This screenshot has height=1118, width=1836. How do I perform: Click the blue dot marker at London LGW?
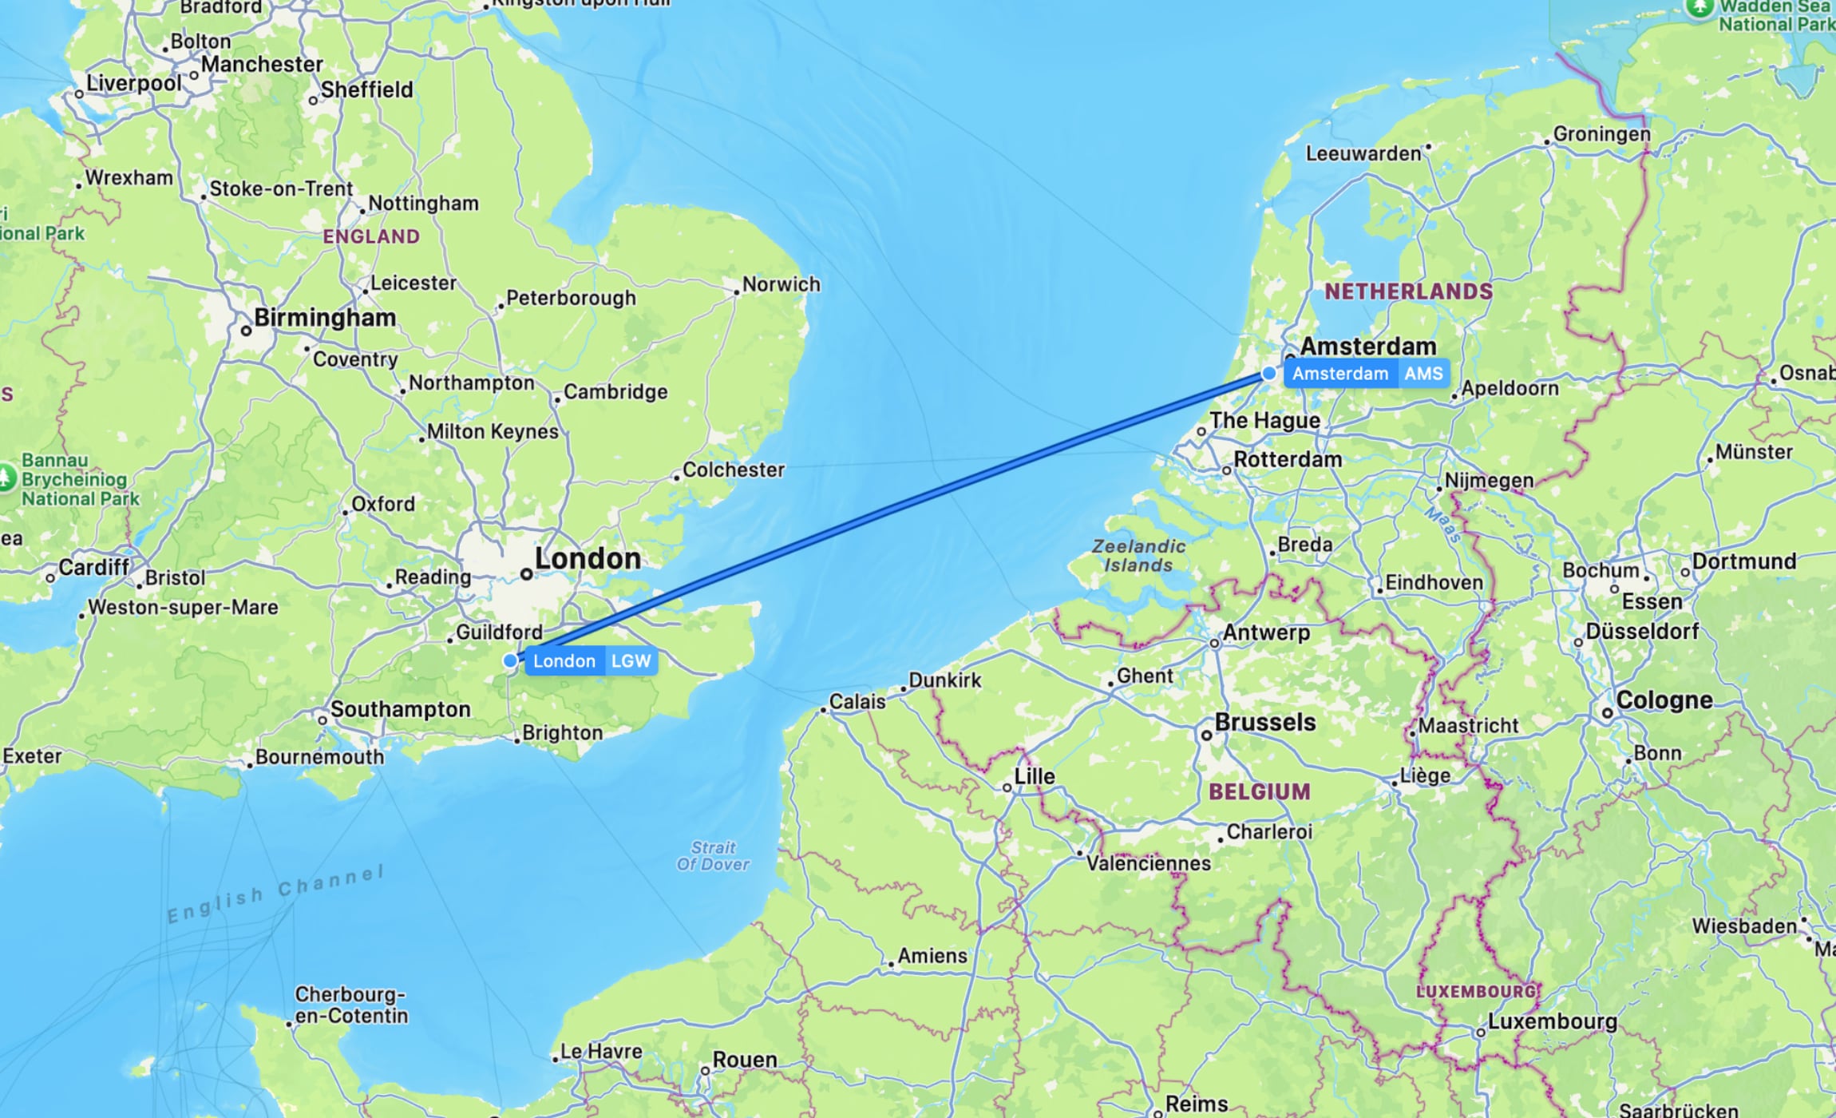(x=510, y=661)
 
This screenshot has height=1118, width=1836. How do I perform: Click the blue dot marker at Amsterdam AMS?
(x=1269, y=374)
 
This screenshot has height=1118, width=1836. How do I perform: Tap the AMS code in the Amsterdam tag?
(x=1423, y=374)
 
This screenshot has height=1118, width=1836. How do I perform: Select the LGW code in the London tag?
(x=631, y=661)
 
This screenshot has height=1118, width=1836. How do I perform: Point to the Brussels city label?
(x=1264, y=723)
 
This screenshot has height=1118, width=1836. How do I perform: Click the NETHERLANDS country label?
(x=1408, y=291)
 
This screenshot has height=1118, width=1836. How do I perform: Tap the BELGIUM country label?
(x=1259, y=792)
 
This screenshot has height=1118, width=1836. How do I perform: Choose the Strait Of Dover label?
(x=713, y=855)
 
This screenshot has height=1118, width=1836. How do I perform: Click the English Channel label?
(x=275, y=894)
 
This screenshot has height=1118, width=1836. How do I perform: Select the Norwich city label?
(x=780, y=284)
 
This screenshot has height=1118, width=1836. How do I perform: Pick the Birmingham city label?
(x=324, y=318)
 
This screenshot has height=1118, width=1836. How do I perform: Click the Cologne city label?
(x=1664, y=700)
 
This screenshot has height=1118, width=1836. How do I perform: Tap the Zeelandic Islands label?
(x=1138, y=556)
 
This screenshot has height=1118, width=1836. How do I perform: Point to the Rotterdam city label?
(x=1287, y=460)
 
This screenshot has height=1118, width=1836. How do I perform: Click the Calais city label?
(x=857, y=702)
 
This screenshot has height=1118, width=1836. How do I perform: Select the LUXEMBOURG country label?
(x=1475, y=992)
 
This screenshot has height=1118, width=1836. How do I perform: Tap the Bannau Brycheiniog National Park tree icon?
(x=6, y=478)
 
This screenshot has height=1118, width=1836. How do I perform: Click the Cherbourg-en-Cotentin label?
(x=350, y=1005)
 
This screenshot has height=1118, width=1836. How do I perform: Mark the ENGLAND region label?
(x=371, y=236)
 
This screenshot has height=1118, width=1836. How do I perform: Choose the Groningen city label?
(x=1601, y=134)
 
